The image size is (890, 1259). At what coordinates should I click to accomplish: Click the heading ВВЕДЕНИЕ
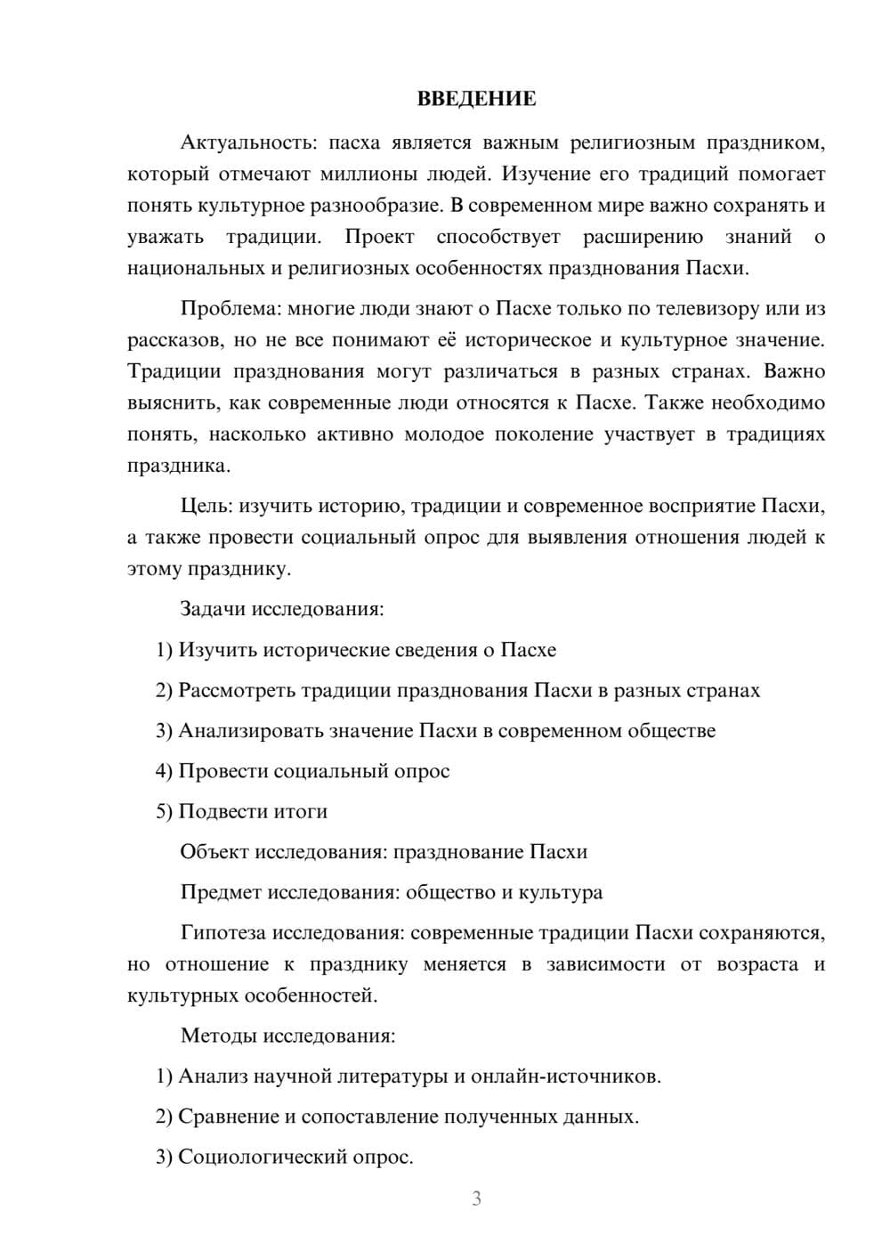tap(476, 99)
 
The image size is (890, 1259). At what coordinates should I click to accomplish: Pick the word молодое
tap(446, 435)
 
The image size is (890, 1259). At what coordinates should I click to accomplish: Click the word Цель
tap(206, 507)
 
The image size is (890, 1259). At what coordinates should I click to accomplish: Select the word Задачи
tap(213, 610)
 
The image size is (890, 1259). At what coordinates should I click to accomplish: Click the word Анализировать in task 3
tap(252, 731)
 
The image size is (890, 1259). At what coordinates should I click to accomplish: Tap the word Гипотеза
tap(222, 933)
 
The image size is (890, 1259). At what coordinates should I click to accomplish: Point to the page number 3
tap(476, 1198)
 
